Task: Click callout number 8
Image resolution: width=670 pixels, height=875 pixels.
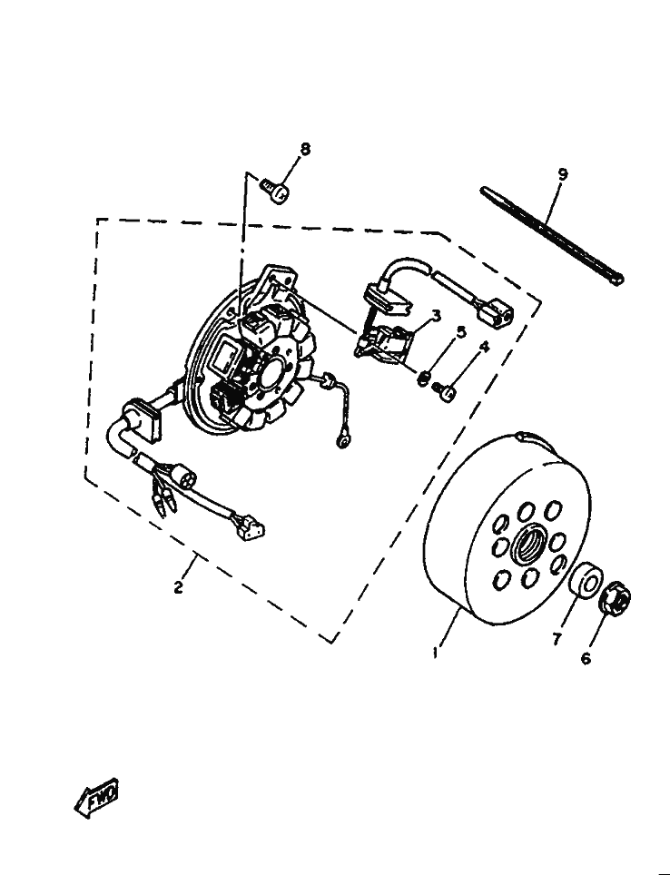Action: point(305,149)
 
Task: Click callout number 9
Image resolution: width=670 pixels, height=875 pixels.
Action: point(563,174)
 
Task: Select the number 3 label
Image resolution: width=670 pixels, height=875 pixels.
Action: point(436,316)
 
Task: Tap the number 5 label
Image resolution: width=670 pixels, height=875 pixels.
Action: point(460,332)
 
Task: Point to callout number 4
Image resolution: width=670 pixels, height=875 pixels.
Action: point(484,347)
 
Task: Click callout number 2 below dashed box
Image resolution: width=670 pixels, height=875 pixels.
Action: point(178,587)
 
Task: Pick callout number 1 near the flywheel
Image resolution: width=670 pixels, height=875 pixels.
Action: point(436,652)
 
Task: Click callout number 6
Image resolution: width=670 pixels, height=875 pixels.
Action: point(586,659)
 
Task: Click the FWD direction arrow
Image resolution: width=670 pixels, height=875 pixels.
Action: point(96,798)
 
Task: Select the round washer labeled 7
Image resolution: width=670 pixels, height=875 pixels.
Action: point(586,583)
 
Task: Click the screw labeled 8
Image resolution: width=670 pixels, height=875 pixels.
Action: point(275,190)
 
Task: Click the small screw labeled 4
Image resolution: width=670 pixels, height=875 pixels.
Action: point(445,390)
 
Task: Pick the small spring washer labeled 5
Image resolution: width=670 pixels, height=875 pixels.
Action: point(425,378)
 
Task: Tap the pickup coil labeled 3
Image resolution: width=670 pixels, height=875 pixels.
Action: point(384,342)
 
